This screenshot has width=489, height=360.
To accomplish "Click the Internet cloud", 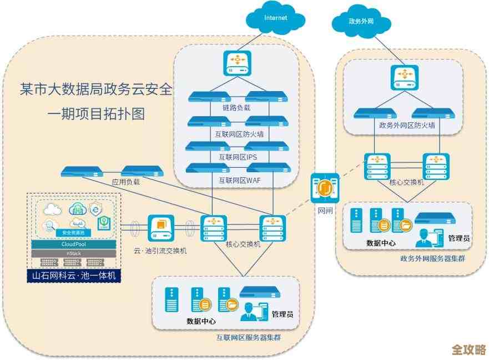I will pyautogui.click(x=276, y=19).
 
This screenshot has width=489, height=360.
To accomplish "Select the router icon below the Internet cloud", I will pyautogui.click(x=238, y=63).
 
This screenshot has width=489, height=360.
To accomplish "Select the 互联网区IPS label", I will pyautogui.click(x=238, y=157).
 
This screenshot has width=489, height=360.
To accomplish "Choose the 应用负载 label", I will pyautogui.click(x=126, y=182).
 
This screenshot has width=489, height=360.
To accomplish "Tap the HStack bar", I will pyautogui.click(x=73, y=253).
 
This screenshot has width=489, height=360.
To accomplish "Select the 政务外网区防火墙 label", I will pyautogui.click(x=406, y=126).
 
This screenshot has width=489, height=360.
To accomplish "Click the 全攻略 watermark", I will pyautogui.click(x=468, y=349).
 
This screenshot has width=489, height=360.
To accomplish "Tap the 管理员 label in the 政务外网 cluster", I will pyautogui.click(x=459, y=238).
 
